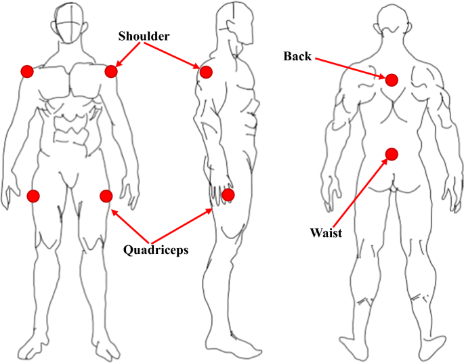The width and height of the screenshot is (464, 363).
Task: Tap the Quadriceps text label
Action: point(156,249)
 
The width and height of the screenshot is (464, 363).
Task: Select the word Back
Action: point(297,57)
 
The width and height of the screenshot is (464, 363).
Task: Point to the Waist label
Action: point(325,234)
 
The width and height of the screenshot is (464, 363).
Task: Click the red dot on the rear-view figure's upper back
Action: point(392,79)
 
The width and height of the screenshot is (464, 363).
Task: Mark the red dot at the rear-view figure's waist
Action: point(391,154)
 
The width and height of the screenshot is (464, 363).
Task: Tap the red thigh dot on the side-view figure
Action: point(228,195)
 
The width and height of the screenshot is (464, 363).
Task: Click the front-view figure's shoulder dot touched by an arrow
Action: point(112,70)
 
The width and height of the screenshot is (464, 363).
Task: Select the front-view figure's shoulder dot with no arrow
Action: point(26,70)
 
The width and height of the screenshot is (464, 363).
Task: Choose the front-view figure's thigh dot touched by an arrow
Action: point(106,196)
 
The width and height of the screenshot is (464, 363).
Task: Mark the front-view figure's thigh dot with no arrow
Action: point(33,196)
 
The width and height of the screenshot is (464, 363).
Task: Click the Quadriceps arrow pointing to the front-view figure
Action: point(131,227)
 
